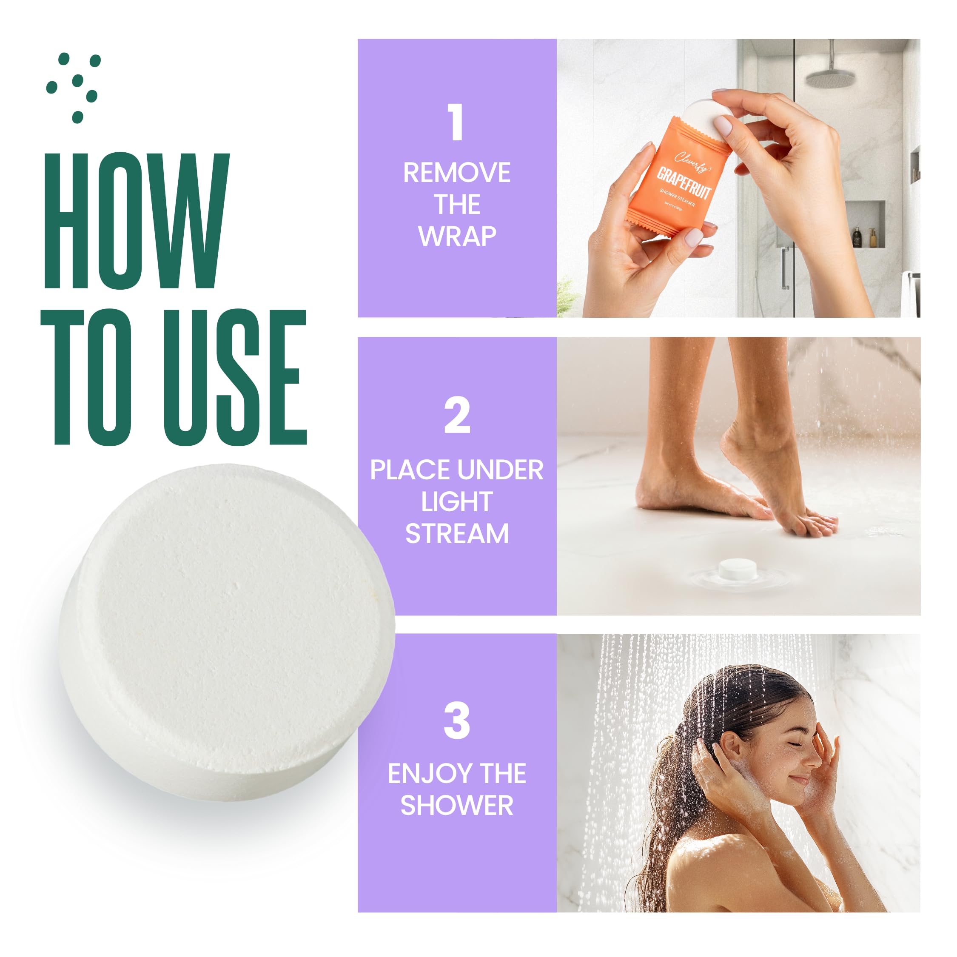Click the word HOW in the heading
click(x=136, y=220)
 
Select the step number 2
click(x=456, y=416)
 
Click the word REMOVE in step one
click(x=456, y=173)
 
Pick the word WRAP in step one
click(x=457, y=236)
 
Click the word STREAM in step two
click(x=457, y=534)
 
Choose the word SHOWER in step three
click(x=457, y=806)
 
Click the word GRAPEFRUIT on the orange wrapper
click(x=684, y=182)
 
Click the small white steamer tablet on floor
click(x=737, y=568)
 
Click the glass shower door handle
click(x=785, y=268)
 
